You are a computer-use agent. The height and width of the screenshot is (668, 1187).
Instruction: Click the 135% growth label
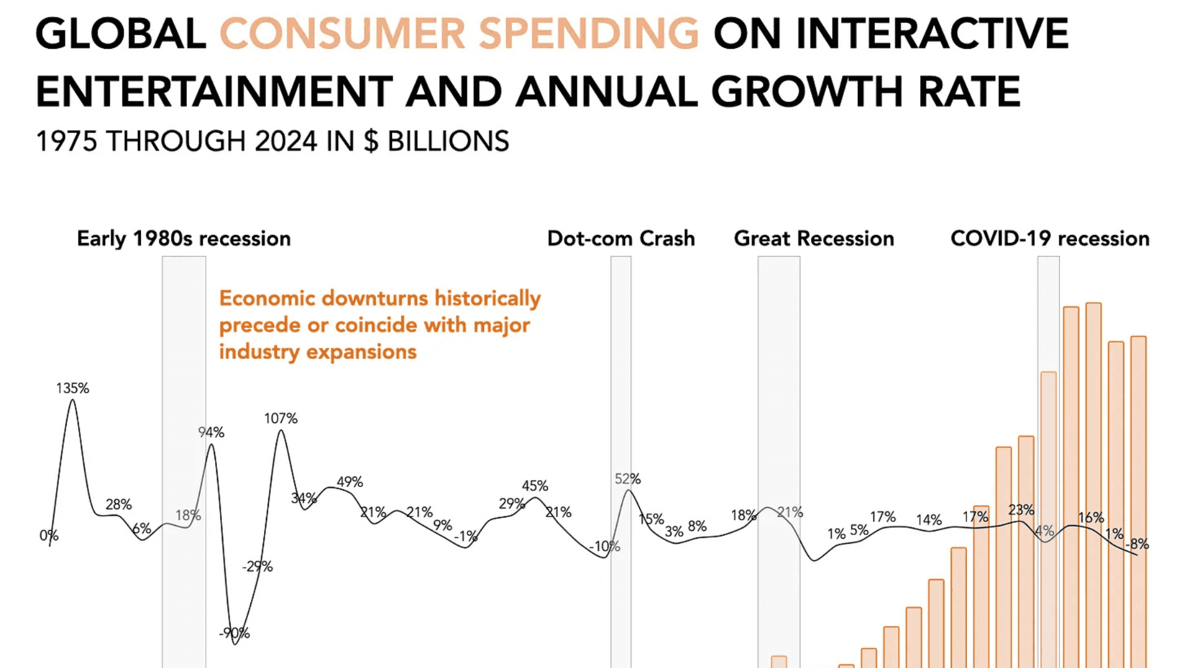point(72,388)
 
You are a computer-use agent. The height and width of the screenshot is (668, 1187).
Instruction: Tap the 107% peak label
point(281,419)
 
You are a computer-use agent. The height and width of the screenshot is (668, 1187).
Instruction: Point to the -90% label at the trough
point(234,633)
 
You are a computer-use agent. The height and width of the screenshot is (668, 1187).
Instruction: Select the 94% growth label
point(211,432)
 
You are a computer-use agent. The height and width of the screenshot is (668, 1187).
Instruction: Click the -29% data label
point(257,567)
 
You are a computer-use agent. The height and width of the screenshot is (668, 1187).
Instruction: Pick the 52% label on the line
point(628,479)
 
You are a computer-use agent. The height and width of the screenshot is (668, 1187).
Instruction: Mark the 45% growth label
point(535,486)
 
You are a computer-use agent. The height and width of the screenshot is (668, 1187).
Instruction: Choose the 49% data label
point(349,482)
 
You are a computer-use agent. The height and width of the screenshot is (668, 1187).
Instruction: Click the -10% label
point(605,547)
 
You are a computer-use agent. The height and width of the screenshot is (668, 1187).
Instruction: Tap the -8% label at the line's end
point(1137,544)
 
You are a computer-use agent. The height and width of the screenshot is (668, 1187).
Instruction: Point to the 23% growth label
point(1021,510)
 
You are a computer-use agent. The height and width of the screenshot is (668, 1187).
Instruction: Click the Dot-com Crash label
point(621,239)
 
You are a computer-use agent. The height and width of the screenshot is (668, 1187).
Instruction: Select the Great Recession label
point(814,239)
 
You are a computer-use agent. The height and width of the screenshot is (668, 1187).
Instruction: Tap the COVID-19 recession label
point(1050,239)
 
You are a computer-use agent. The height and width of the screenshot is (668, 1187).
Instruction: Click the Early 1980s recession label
point(184,239)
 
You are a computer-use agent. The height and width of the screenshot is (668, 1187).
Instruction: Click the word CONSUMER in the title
point(342,34)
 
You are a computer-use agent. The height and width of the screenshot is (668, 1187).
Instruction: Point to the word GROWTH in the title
point(807,92)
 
